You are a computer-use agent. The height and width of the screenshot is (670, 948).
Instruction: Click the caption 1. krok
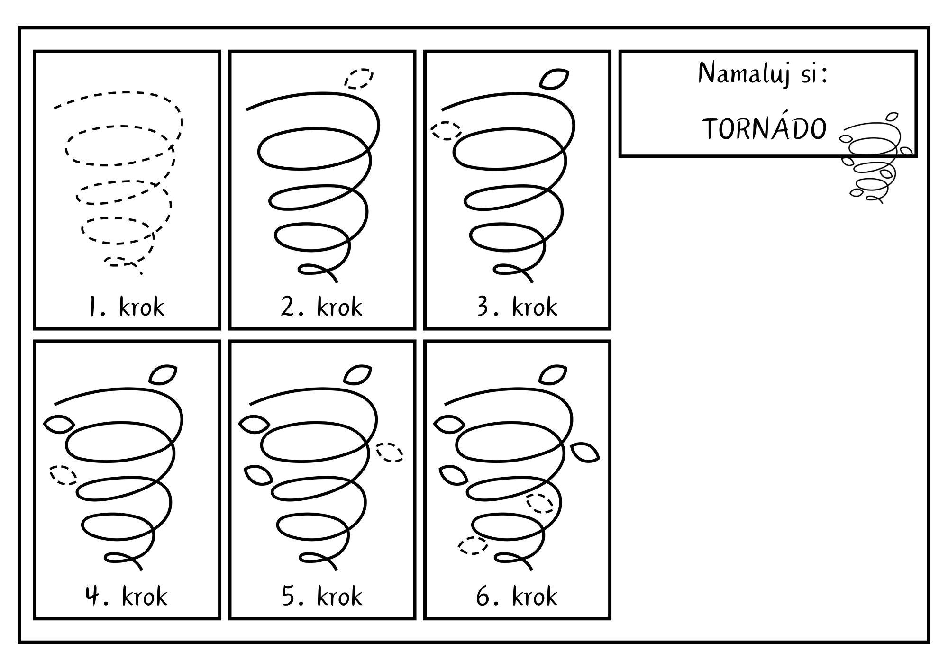(x=127, y=307)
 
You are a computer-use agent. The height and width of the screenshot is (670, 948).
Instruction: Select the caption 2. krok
(x=321, y=307)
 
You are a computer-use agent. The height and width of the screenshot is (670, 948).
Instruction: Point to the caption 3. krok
(x=517, y=307)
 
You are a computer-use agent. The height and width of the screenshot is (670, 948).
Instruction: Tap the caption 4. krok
(x=127, y=596)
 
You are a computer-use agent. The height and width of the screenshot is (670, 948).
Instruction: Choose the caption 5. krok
(x=322, y=596)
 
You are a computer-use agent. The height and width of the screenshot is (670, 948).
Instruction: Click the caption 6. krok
(x=517, y=596)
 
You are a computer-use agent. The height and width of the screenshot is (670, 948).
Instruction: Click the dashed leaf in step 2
(x=359, y=79)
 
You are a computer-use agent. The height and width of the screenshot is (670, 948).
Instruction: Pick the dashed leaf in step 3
(x=446, y=130)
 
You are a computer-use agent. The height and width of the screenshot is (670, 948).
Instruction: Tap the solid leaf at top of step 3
(x=554, y=79)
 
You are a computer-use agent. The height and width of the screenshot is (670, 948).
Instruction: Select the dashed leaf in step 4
(x=64, y=475)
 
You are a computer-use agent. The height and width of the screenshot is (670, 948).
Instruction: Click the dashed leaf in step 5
(x=390, y=452)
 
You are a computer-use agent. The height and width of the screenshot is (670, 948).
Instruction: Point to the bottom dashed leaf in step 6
(x=473, y=545)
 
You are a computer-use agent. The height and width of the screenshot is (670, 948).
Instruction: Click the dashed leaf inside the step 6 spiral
(x=540, y=503)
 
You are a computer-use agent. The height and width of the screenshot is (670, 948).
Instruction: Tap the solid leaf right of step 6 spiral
(x=585, y=452)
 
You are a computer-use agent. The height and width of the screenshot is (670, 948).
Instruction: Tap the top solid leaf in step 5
(x=357, y=374)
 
